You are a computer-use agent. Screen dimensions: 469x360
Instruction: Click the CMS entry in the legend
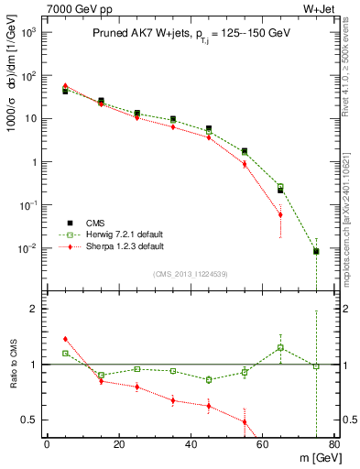[x=95, y=223]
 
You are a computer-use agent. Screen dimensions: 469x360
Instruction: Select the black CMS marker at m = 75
[x=316, y=251]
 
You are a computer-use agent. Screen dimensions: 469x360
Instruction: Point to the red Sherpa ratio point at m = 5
[x=65, y=339]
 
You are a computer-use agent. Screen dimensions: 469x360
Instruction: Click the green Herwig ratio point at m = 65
[x=280, y=347]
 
